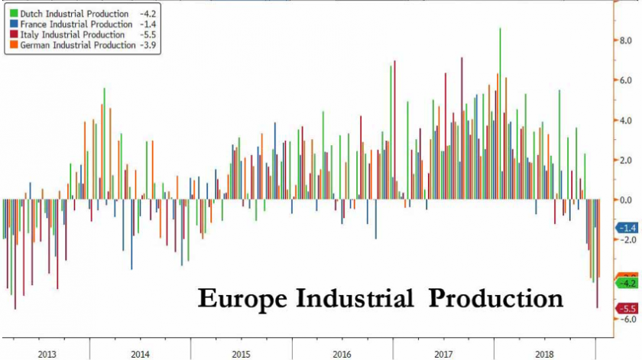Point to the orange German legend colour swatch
click(7, 46)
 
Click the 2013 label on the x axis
click(46, 354)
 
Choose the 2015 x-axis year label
click(241, 354)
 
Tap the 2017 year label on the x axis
click(443, 354)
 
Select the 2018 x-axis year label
click(544, 354)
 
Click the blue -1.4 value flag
click(627, 228)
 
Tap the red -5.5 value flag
click(627, 309)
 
